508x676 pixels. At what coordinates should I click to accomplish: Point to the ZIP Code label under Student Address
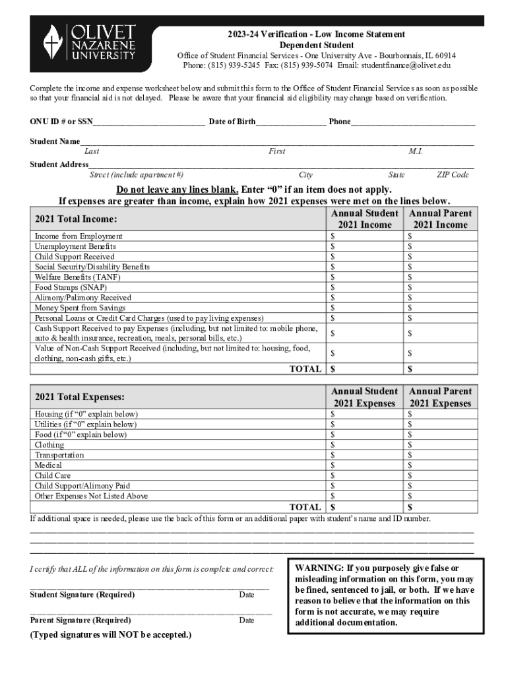point(453,175)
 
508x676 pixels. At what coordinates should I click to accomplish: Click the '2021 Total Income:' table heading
point(76,219)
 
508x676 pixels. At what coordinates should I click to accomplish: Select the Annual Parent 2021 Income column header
point(440,219)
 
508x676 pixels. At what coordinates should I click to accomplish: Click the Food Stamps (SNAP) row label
point(71,287)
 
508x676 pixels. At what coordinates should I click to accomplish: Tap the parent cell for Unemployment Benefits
point(440,246)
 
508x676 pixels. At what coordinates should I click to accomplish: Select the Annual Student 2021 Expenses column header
point(365,397)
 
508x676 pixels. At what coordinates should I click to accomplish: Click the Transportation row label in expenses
point(59,455)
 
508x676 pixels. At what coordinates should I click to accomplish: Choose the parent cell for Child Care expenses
point(440,475)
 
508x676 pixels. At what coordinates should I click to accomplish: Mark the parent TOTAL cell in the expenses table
point(440,508)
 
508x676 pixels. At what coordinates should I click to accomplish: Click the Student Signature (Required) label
point(82,595)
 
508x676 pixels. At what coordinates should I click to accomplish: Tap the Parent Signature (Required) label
point(80,621)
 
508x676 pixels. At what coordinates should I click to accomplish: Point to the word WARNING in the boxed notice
point(319,568)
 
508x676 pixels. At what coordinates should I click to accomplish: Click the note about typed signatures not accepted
point(111,635)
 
